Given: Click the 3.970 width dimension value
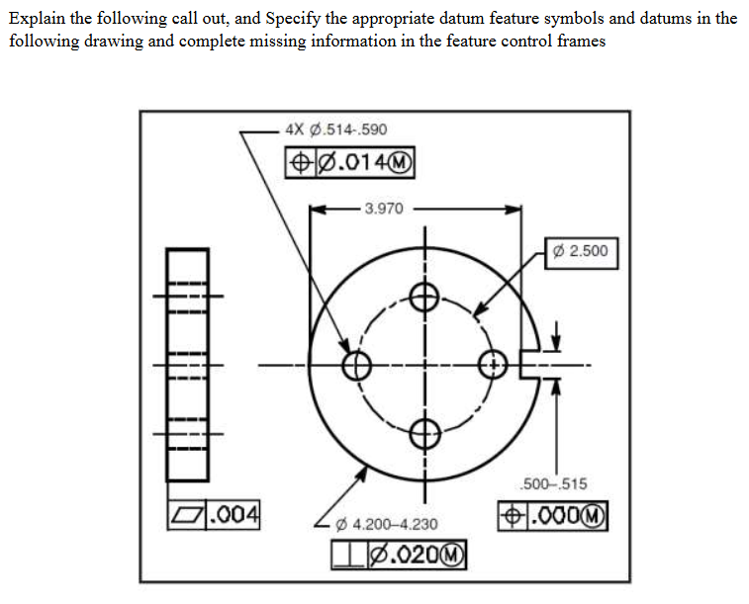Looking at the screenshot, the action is point(384,209).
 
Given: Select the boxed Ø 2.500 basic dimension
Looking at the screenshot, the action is point(581,253).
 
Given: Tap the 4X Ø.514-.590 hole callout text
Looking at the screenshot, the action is point(335,129).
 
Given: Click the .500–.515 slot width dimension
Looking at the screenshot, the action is point(554,483).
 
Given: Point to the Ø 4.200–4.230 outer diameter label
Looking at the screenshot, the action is point(387,524).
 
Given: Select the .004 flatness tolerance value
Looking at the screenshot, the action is point(234,515).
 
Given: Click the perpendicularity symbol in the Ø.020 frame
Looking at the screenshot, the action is point(349,556).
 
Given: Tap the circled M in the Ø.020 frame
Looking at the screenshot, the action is point(453,556).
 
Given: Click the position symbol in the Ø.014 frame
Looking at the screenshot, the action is point(301,163).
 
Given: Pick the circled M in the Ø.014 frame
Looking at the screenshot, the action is point(401,163).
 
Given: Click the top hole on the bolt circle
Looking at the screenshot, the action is point(424,298).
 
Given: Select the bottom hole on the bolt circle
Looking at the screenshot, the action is point(424,434).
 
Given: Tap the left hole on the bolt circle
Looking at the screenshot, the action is point(356,366).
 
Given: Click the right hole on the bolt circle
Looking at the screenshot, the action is point(493,366).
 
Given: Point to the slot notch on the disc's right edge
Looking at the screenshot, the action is point(529,365).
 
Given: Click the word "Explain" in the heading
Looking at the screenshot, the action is point(37,19).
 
